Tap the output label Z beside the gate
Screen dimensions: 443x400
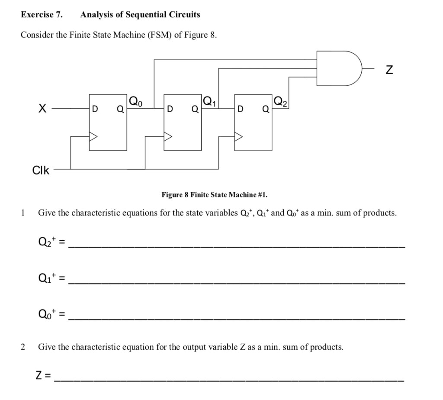389,69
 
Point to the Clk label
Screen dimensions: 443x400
41,170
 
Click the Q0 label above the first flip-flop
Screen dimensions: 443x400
135,102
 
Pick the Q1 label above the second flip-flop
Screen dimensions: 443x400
209,102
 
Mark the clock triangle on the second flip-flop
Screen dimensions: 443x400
168,136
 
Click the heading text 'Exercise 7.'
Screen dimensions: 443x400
42,15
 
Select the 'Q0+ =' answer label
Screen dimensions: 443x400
51,314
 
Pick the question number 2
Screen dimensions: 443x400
23,347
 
